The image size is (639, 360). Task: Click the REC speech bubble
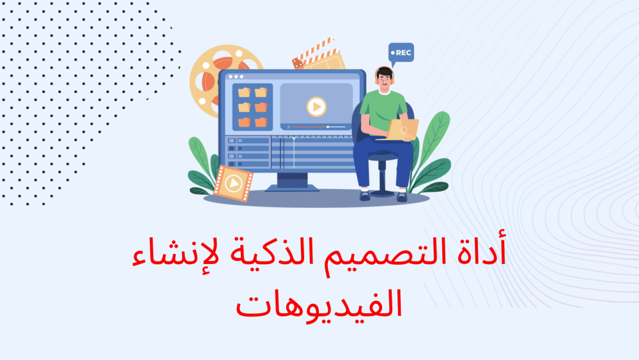tap(401, 52)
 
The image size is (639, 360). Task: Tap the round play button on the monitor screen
tap(316, 107)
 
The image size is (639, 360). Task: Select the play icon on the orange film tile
tap(233, 183)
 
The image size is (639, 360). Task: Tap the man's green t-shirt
tap(382, 110)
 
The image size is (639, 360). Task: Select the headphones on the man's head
tap(384, 75)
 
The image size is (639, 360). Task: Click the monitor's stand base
tap(292, 187)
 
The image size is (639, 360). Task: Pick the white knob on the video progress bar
tap(328, 127)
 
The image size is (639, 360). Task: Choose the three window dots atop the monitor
tap(236, 77)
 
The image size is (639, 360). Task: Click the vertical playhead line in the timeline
tap(294, 152)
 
